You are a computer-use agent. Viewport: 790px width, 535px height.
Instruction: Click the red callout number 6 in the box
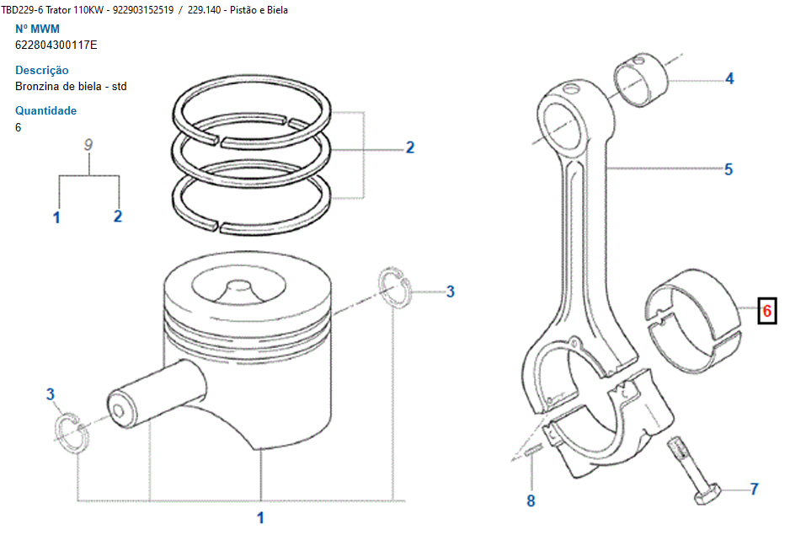click(766, 311)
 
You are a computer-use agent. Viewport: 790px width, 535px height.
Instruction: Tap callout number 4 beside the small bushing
click(729, 78)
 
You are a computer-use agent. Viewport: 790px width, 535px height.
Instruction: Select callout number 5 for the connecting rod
click(729, 169)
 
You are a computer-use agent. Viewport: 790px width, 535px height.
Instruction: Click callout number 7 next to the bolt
click(754, 489)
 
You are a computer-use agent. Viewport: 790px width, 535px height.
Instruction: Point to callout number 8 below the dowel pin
click(531, 500)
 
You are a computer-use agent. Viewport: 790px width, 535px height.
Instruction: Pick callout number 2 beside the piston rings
click(410, 147)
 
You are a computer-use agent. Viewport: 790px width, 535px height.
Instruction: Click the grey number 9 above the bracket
click(88, 145)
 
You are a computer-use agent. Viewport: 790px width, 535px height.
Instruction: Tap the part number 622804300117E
click(56, 45)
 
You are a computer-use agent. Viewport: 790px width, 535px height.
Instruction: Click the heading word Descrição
click(42, 70)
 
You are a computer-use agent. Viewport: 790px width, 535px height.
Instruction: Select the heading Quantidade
click(45, 110)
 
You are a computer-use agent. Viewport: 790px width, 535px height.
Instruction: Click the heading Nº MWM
click(37, 29)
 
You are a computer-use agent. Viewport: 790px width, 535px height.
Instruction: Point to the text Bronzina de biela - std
click(71, 86)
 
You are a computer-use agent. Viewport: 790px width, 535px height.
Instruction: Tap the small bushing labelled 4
click(641, 80)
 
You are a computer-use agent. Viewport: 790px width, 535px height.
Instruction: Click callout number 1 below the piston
click(260, 517)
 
